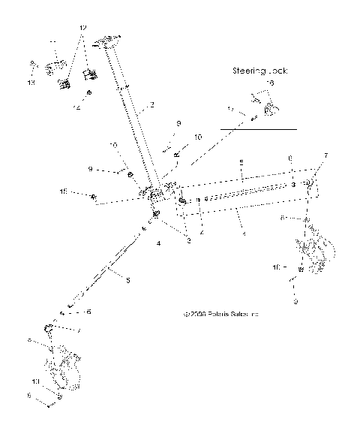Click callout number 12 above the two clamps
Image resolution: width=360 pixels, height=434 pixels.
(x=82, y=28)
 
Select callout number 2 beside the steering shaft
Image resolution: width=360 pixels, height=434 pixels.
(x=152, y=105)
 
